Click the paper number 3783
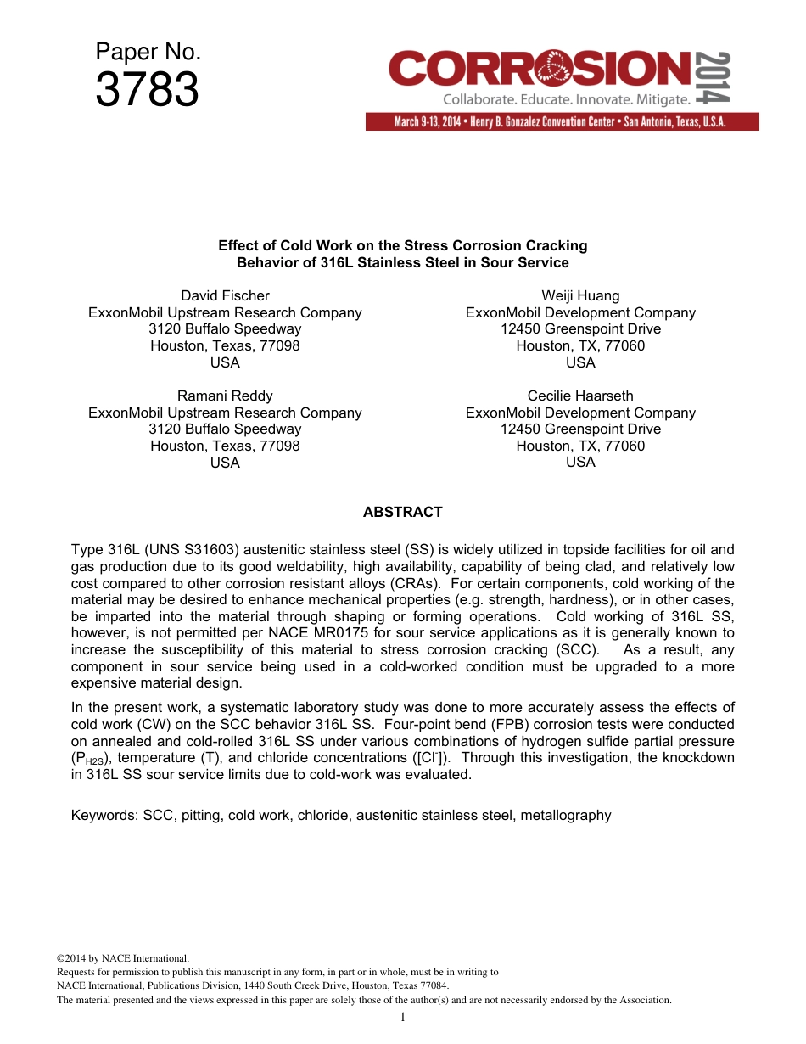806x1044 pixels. tap(147, 90)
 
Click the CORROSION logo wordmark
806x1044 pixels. tap(540, 69)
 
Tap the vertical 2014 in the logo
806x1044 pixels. tap(713, 78)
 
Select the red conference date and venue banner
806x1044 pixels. tap(562, 122)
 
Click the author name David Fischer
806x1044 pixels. tap(225, 295)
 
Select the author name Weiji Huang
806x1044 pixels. tap(580, 295)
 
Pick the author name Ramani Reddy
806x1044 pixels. tap(225, 396)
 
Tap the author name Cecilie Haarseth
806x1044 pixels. tap(580, 396)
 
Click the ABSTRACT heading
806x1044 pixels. tap(402, 512)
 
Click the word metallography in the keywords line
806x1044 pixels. tap(565, 815)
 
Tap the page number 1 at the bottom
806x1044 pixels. tap(402, 1017)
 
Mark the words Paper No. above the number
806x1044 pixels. tap(148, 52)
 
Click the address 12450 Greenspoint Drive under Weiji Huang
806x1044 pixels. tap(580, 328)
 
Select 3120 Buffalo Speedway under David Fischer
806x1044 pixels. tap(225, 328)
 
